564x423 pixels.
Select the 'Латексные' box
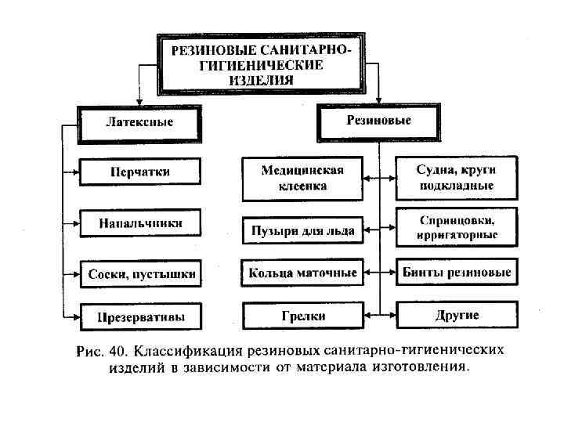click(x=139, y=123)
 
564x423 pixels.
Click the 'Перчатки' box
click(x=140, y=172)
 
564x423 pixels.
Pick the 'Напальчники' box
click(x=140, y=223)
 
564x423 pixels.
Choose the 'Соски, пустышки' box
click(x=140, y=275)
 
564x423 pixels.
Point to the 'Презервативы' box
click(x=140, y=317)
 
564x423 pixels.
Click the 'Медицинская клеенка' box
click(x=302, y=179)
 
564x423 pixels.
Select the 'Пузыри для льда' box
click(x=302, y=230)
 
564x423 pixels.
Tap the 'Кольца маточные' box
click(x=302, y=273)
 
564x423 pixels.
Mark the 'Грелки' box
click(x=302, y=316)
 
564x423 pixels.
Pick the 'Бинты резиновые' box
click(x=457, y=273)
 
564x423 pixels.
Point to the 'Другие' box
click(x=457, y=316)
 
